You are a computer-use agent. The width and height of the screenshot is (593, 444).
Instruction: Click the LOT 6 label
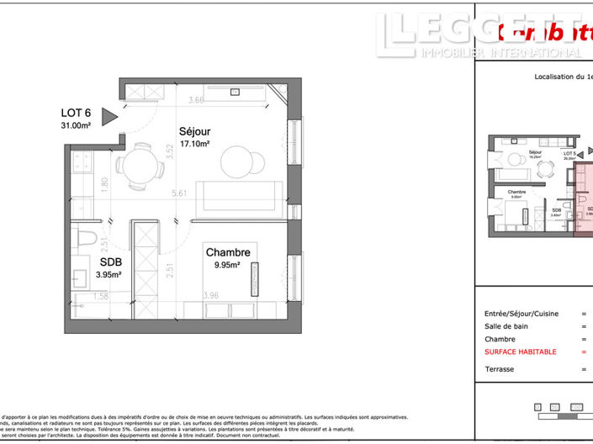point(75,113)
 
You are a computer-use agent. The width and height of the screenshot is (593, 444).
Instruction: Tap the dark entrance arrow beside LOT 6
point(109,117)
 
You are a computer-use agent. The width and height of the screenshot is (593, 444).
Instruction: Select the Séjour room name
point(193,132)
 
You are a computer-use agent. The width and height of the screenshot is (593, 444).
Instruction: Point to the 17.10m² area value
point(193,144)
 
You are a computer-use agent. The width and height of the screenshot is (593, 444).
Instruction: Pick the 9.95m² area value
point(226,264)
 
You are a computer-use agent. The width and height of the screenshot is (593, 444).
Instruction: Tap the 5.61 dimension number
point(177,193)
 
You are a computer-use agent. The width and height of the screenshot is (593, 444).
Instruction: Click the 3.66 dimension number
point(196,101)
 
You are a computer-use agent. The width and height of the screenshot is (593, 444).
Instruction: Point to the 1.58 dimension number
point(99,296)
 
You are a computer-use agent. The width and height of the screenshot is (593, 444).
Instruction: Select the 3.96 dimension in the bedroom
point(210,295)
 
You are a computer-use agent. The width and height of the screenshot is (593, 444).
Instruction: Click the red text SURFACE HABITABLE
point(520,351)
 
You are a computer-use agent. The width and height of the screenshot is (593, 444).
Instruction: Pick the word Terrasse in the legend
point(499,369)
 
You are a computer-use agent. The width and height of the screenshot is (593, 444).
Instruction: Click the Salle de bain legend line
point(506,325)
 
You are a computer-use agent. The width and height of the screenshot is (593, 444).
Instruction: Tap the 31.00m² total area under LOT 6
point(75,125)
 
